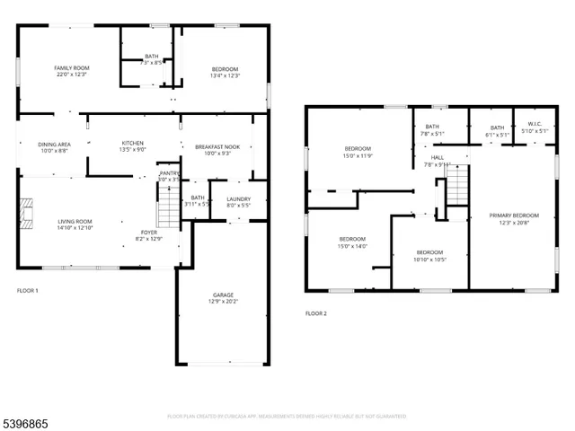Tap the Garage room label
[x=223, y=295]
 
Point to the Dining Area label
[x=54, y=145]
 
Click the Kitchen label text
[x=133, y=144]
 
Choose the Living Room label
[x=76, y=221]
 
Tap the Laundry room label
[x=238, y=199]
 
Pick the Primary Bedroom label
[x=514, y=215]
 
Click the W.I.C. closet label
[x=534, y=126]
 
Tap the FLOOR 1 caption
[x=28, y=291]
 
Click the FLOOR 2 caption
[x=315, y=313]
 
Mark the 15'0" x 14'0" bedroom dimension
[x=353, y=246]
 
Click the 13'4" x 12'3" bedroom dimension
[x=225, y=75]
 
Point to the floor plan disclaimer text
[x=287, y=417]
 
